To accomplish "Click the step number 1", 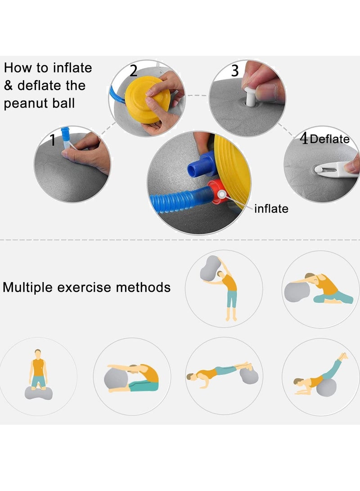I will point(53,140).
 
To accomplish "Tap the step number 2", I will point(134,71).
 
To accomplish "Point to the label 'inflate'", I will point(271,208).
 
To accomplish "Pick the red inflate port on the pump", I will point(217,191).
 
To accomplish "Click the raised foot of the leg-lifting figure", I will point(344,356).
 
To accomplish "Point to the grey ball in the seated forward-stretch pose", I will point(116,379).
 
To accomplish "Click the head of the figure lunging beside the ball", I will point(309,276).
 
